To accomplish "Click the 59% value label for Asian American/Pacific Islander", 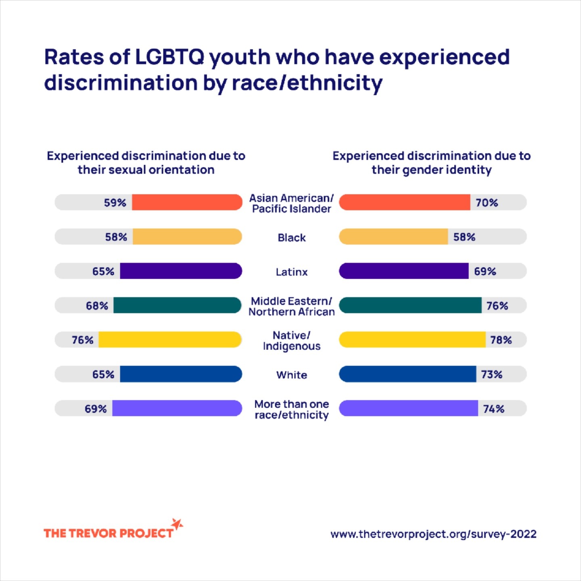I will tap(115, 203).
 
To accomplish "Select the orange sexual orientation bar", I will tap(187, 202).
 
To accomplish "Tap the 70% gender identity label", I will tap(487, 203).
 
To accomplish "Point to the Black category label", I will tap(292, 238).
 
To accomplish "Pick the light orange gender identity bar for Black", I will tap(393, 236).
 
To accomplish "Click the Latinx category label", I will tap(292, 272).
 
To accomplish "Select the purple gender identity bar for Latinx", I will tap(404, 271).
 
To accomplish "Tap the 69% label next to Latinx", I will tap(485, 271).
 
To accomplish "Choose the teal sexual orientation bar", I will tap(177, 305).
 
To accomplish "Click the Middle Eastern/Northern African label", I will tap(292, 306).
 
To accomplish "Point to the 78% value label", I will tap(501, 340).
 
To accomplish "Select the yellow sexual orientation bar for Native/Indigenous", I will tap(170, 340).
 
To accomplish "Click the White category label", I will tap(292, 375).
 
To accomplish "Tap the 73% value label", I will tap(491, 374).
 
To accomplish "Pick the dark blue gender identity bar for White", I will tap(408, 374).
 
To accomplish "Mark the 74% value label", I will tap(494, 409).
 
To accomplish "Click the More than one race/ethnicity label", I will tap(292, 410).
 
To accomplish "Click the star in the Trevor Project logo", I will tap(177, 524).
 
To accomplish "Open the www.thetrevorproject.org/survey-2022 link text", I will tap(433, 534).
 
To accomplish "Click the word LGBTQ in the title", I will tap(170, 57).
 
